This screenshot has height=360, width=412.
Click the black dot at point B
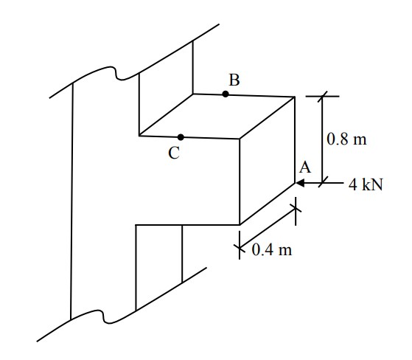coord(226,94)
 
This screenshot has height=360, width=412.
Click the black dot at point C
coord(181,137)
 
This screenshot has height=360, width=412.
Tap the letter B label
coord(234,80)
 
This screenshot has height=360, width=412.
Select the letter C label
coord(174,153)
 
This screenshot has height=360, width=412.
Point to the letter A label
coord(305,167)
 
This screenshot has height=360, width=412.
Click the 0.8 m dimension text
coord(346,139)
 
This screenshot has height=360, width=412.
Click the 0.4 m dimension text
coord(272,250)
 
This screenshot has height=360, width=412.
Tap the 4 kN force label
coord(366,184)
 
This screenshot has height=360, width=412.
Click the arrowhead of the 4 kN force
coord(300,183)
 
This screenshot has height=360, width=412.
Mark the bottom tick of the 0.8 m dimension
coord(323,182)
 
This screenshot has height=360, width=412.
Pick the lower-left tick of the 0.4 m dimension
coord(240,246)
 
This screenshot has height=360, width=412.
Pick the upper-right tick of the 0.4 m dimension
coord(296,208)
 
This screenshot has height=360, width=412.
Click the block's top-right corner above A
coord(295,97)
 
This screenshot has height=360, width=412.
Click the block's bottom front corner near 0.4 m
coord(240,225)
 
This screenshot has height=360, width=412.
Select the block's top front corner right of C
coord(240,139)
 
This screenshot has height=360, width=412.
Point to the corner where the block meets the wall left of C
coord(139,136)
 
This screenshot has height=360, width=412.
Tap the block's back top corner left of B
coord(193,94)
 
